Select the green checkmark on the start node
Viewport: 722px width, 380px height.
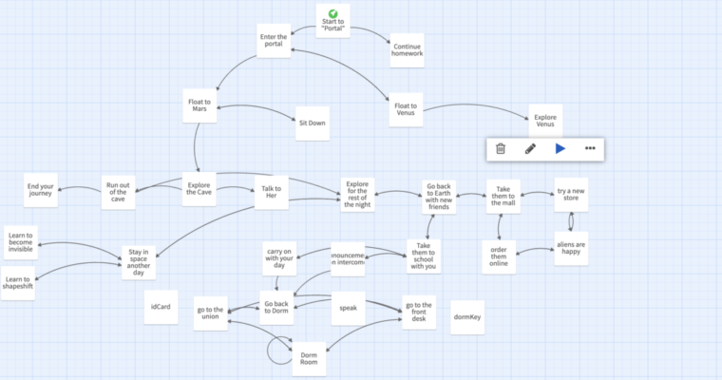pyautogui.click(x=333, y=12)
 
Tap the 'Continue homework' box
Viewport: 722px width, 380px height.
pyautogui.click(x=407, y=50)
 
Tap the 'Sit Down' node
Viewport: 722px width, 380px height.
pyautogui.click(x=312, y=123)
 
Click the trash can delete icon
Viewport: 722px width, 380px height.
pyautogui.click(x=501, y=148)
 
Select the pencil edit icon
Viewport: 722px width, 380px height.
pyautogui.click(x=530, y=148)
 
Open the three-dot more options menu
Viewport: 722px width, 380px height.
pyautogui.click(x=590, y=148)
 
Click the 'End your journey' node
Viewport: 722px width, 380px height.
pyautogui.click(x=42, y=190)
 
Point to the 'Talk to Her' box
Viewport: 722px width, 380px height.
pyautogui.click(x=270, y=190)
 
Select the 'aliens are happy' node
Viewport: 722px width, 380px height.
pyautogui.click(x=571, y=248)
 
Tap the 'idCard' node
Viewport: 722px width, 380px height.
pyautogui.click(x=161, y=307)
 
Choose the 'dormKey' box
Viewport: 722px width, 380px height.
pyautogui.click(x=468, y=316)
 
